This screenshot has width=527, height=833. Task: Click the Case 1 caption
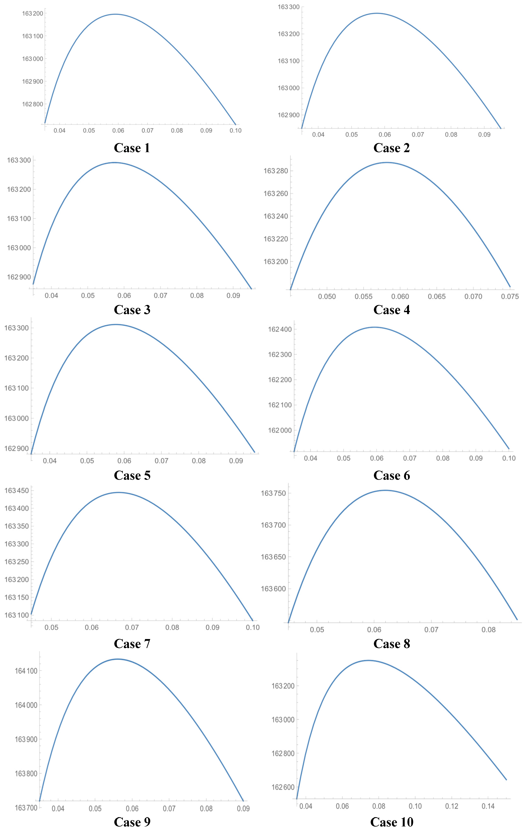[132, 148]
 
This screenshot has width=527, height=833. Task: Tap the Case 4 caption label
[392, 310]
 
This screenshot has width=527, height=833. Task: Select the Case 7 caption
[132, 644]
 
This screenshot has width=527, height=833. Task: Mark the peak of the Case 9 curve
[118, 659]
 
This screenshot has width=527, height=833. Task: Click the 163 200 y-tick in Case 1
[33, 13]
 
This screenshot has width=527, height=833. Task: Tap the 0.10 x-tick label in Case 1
[236, 130]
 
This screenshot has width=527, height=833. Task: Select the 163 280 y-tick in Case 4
[276, 171]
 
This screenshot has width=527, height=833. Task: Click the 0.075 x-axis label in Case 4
[510, 296]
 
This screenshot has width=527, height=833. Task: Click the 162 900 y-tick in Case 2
[288, 115]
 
